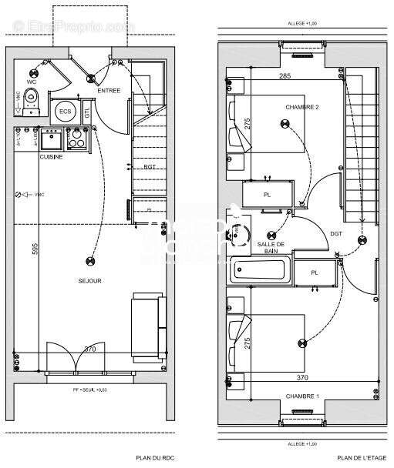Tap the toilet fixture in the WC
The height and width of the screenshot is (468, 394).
[x=32, y=96]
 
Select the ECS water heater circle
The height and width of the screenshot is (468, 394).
[x=65, y=112]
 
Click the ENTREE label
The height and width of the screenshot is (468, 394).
[x=109, y=91]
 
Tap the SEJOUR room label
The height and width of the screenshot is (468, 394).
[x=91, y=281]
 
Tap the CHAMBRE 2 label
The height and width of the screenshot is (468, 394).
[x=301, y=107]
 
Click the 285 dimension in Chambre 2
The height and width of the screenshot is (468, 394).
[x=285, y=76]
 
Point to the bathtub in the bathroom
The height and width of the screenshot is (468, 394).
[x=262, y=272]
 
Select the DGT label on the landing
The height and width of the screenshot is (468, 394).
[x=336, y=233]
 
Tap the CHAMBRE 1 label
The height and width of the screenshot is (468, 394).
[x=302, y=396]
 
